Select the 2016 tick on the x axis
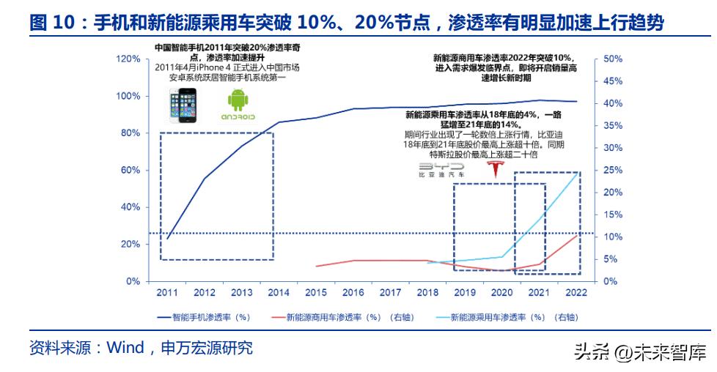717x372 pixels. coord(353,293)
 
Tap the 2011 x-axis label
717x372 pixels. coord(166,293)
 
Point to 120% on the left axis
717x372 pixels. coord(128,59)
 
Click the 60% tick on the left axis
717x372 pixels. coord(131,170)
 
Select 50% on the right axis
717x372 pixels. coord(613,59)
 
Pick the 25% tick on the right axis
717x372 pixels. coord(613,170)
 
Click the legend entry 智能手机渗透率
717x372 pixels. coord(209,318)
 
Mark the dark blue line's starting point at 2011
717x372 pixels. coord(167,239)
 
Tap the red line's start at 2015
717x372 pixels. coord(316,266)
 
